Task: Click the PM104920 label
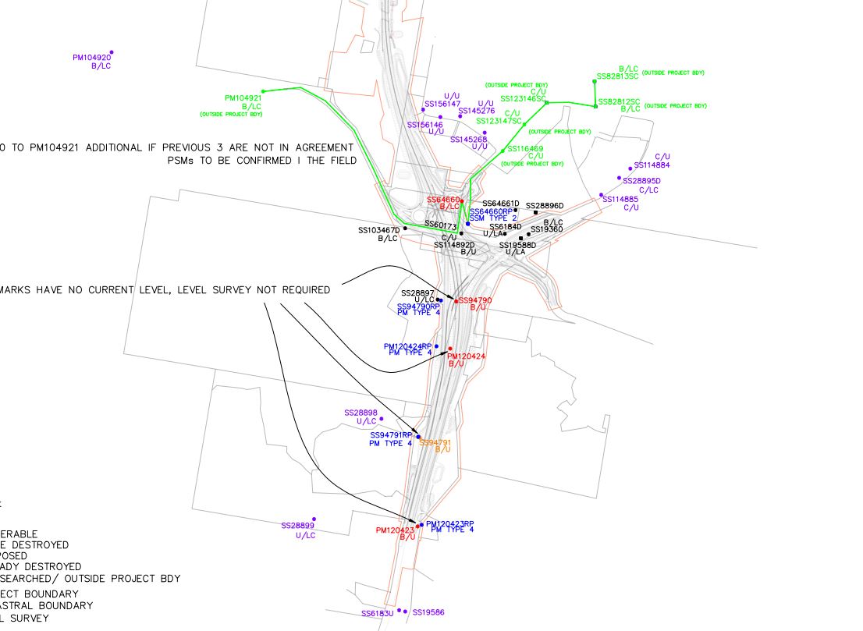point(91,57)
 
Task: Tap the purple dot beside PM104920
point(112,52)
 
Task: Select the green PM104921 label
point(243,98)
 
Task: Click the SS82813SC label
point(617,77)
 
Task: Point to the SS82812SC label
point(619,102)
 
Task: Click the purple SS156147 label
point(442,104)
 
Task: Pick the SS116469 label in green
point(525,148)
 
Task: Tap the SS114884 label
point(652,165)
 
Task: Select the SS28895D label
point(641,181)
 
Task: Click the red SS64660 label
point(442,200)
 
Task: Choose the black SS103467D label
point(378,231)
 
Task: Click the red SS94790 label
point(475,300)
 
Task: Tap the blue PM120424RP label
point(407,346)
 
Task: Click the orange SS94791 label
point(435,442)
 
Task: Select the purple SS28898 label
point(360,413)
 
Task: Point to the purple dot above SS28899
point(314,519)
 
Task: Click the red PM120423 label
point(394,530)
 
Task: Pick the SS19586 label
point(428,613)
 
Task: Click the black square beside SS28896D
point(536,212)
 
